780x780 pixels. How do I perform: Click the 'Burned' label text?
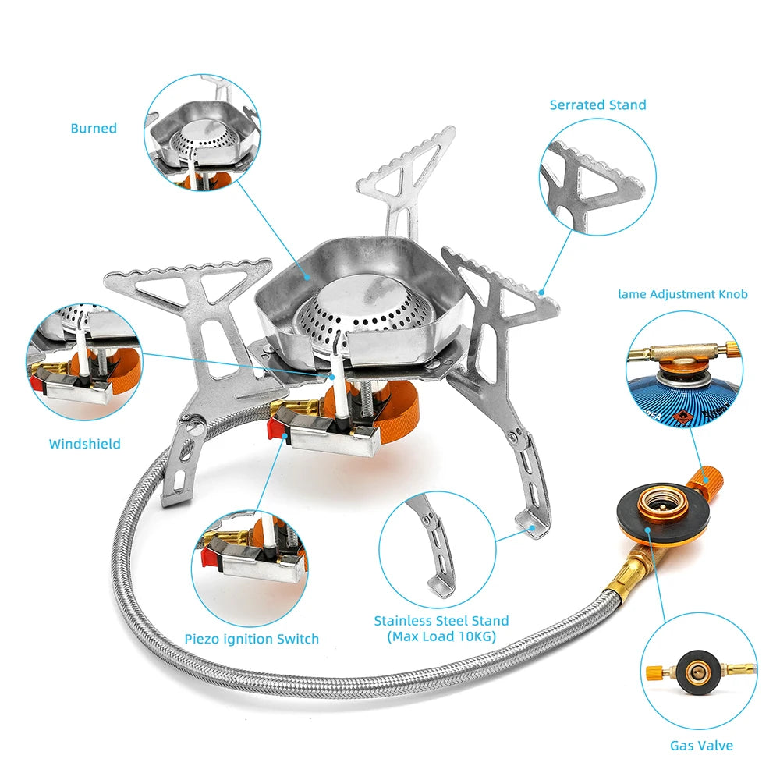pyautogui.click(x=94, y=129)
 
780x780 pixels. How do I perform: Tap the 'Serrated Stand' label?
pyautogui.click(x=598, y=105)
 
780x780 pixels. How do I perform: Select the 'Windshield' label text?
pyautogui.click(x=85, y=444)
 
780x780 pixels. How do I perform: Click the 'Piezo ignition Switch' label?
pyautogui.click(x=252, y=639)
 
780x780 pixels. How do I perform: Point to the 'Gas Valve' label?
pyautogui.click(x=701, y=746)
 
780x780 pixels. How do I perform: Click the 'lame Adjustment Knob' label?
pyautogui.click(x=682, y=294)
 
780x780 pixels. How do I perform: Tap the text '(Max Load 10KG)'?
pyautogui.click(x=441, y=636)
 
